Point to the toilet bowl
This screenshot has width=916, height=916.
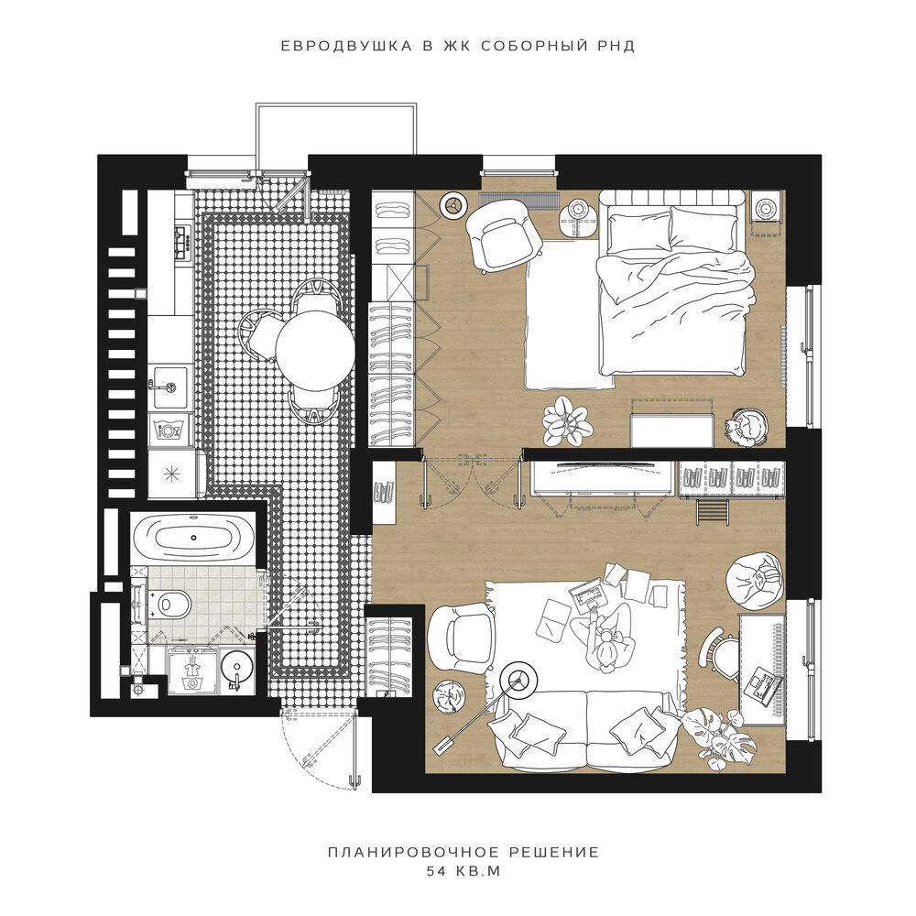pos(172,604)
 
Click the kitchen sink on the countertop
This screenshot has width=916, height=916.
pos(169,387)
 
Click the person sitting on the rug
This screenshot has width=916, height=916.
pos(605,638)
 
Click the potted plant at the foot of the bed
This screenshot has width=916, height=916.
pos(566,420)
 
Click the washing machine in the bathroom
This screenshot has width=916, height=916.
pos(191,670)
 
